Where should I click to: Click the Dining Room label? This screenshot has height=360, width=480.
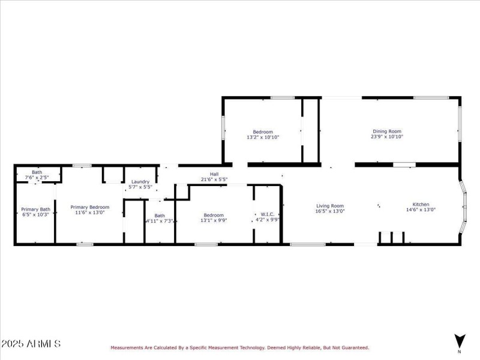click(x=387, y=131)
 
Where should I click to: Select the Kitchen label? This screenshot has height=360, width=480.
click(x=421, y=205)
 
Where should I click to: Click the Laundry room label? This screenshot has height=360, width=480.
click(x=140, y=182)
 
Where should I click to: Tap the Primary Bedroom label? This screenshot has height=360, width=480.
click(x=90, y=206)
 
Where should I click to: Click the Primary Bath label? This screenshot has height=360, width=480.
click(x=34, y=209)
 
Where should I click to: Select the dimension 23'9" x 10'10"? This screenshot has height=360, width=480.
click(x=387, y=137)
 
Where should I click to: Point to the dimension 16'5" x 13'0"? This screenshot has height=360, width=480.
click(x=330, y=211)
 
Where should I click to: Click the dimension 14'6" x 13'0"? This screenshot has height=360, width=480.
click(x=421, y=210)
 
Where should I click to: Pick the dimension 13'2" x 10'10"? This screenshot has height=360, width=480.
click(x=263, y=137)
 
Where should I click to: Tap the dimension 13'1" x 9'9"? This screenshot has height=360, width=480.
click(x=214, y=220)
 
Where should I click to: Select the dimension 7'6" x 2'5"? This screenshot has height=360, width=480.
click(x=37, y=178)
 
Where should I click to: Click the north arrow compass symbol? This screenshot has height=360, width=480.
click(x=460, y=340)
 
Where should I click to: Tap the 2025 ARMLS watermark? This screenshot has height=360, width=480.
click(x=31, y=344)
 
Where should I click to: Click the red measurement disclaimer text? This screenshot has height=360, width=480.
click(x=239, y=347)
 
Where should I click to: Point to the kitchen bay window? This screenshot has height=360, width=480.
click(x=463, y=207)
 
